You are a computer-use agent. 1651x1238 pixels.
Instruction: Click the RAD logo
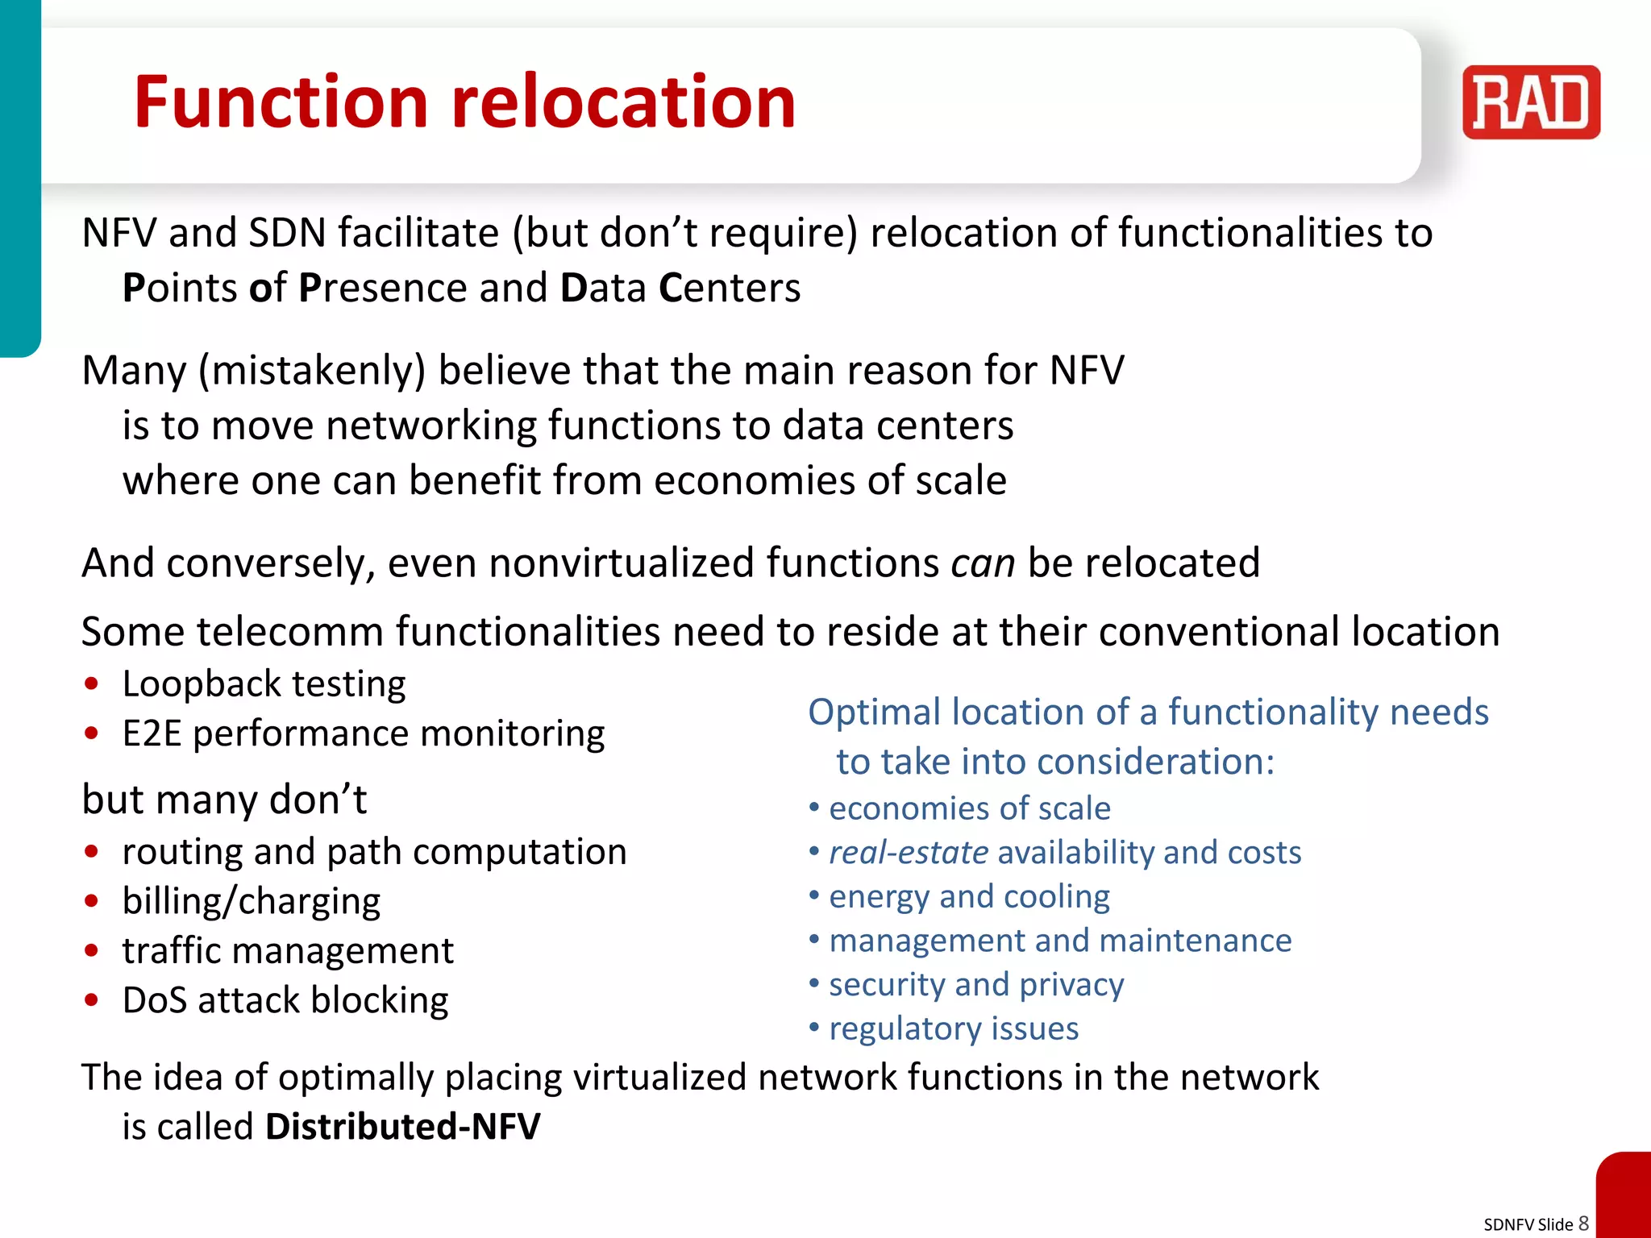tap(1530, 102)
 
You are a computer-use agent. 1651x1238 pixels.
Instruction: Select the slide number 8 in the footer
tap(1583, 1223)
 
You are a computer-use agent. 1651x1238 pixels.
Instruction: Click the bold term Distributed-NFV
tap(402, 1126)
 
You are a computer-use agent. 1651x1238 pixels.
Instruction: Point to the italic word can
tap(982, 563)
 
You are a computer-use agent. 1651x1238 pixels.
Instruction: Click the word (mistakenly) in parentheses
tap(312, 371)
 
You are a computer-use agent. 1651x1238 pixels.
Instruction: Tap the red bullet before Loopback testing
tap(92, 683)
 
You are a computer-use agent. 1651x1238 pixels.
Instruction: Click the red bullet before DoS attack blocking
tap(92, 1000)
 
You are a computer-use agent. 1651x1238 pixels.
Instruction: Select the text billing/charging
tap(251, 901)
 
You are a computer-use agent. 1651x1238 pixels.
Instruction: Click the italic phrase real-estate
tap(909, 853)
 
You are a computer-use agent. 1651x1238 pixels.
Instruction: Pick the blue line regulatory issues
tap(954, 1028)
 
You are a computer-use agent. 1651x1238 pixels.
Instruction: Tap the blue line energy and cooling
tap(969, 896)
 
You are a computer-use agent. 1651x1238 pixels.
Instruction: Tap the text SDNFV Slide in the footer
tap(1528, 1224)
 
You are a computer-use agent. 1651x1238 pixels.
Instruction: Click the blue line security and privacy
tap(976, 984)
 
